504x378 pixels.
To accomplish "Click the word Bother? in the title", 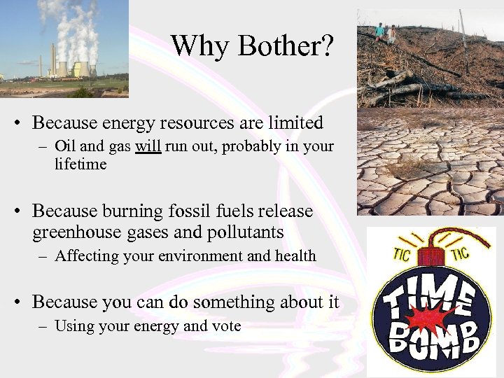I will click(286, 46).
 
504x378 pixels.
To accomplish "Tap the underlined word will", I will click(148, 148).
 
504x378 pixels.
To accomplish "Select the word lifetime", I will click(80, 164).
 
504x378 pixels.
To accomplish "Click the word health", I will click(295, 256).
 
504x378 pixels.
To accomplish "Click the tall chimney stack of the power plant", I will click(52, 60).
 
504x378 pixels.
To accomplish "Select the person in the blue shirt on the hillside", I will click(379, 31).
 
